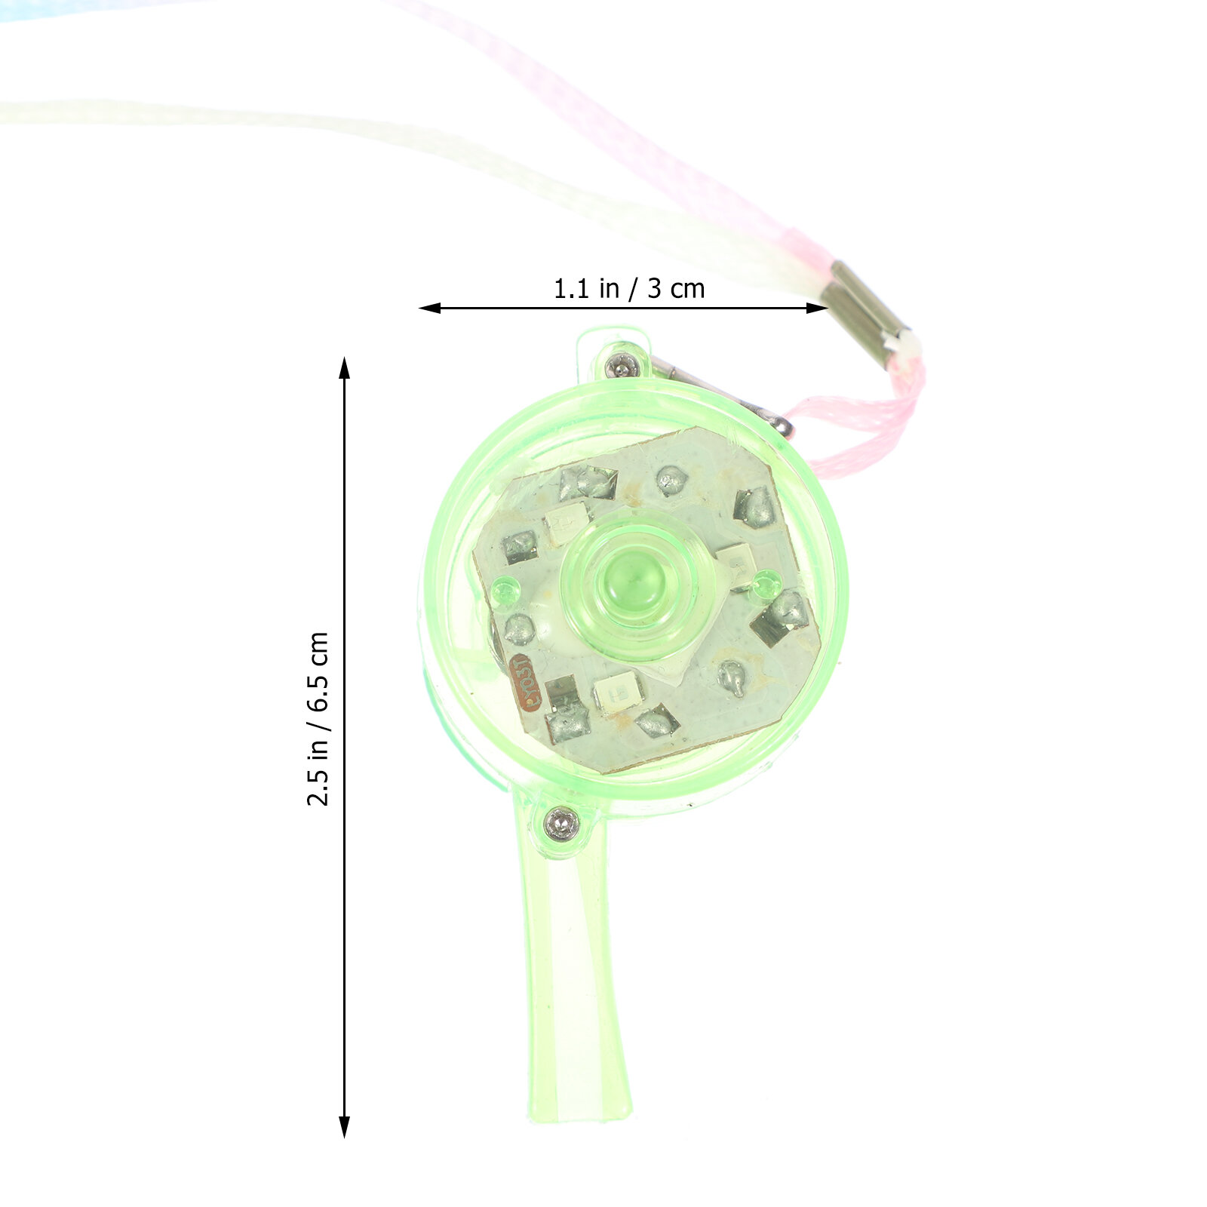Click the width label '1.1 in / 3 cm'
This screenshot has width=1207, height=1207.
[x=629, y=288]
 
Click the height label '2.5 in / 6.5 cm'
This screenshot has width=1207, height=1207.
[x=318, y=719]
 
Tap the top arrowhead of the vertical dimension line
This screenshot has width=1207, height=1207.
[x=345, y=367]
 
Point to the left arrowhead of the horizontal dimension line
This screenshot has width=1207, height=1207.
[x=430, y=308]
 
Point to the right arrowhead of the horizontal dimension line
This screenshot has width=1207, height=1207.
[x=817, y=308]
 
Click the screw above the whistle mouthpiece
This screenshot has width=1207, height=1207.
[x=561, y=822]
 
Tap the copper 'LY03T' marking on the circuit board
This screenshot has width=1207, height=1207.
[x=521, y=682]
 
